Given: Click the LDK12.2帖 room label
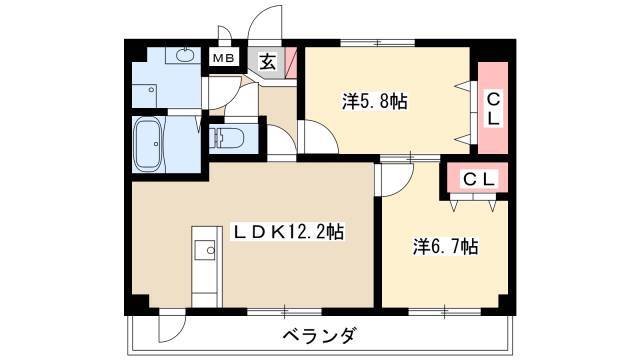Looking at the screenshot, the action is pos(288,232).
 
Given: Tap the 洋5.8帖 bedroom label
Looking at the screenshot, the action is pos(375,101).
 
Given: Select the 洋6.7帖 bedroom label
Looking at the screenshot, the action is pos(445,246).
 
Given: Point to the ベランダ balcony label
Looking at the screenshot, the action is pos(320,336).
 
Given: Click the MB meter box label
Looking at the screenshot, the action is pos(224,58).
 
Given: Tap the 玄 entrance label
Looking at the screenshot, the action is pos(267,62).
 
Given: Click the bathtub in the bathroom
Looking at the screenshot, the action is pos(147,144).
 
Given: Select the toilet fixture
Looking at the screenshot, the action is pos(227,138).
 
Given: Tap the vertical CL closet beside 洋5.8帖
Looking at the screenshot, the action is pos(493,108).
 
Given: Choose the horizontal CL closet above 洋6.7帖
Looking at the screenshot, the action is pos(478,178).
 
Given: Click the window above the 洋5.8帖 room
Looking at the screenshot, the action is pos(378,42).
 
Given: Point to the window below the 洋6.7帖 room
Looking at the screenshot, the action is pos(444,312).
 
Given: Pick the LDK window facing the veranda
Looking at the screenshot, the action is pos(284,312).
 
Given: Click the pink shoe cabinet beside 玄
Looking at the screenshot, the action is pos(291,63).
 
